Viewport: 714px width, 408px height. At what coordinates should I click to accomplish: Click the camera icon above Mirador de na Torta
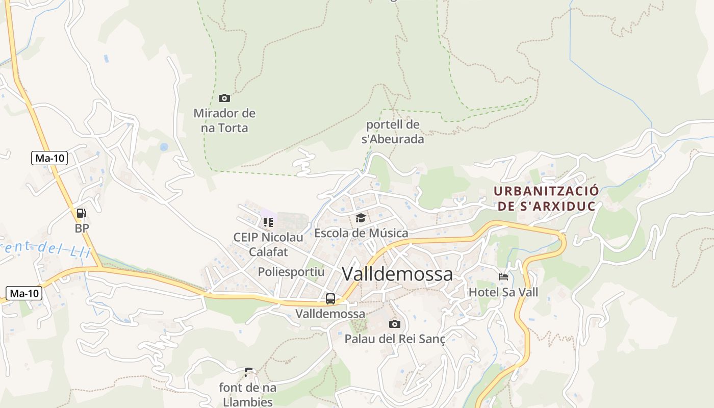(224, 98)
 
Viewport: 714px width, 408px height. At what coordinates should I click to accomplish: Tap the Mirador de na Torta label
(224, 120)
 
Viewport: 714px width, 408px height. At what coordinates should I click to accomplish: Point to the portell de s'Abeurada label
(393, 132)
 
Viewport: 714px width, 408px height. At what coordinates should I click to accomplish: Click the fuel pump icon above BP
(82, 213)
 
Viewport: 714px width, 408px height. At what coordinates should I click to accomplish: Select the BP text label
(82, 228)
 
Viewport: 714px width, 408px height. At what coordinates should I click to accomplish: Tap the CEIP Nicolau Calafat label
(268, 244)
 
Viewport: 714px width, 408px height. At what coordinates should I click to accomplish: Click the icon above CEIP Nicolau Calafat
(268, 222)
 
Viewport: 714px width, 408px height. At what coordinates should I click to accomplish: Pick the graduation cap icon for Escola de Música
(361, 218)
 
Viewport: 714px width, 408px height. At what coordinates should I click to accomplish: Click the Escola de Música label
(361, 233)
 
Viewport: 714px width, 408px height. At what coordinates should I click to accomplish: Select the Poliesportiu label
(291, 272)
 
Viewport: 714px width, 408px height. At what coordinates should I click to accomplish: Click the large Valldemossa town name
(397, 274)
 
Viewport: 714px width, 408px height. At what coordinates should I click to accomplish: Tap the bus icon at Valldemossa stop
(330, 299)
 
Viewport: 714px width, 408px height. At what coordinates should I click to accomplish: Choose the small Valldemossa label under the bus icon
(330, 313)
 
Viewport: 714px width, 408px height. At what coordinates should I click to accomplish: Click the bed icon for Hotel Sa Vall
(503, 277)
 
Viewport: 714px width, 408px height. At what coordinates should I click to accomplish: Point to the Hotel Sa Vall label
(503, 292)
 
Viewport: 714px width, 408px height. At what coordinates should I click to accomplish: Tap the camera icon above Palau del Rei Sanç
(394, 324)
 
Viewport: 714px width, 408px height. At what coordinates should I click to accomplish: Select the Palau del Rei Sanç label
(395, 339)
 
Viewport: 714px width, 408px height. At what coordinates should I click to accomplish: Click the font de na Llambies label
(248, 394)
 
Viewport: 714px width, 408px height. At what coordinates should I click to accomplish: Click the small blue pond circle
(164, 147)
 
